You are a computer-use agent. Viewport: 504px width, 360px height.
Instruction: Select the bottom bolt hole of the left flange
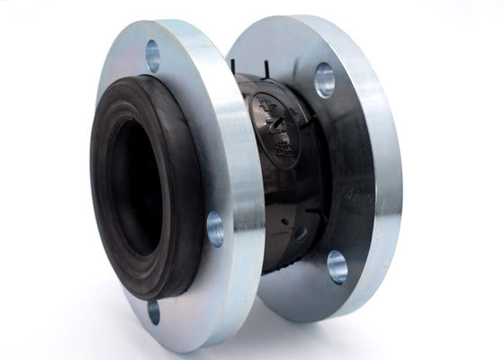(153, 310)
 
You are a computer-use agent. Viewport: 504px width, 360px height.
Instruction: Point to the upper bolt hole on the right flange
(324, 81)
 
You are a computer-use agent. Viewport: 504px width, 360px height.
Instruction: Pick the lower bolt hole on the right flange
(337, 265)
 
